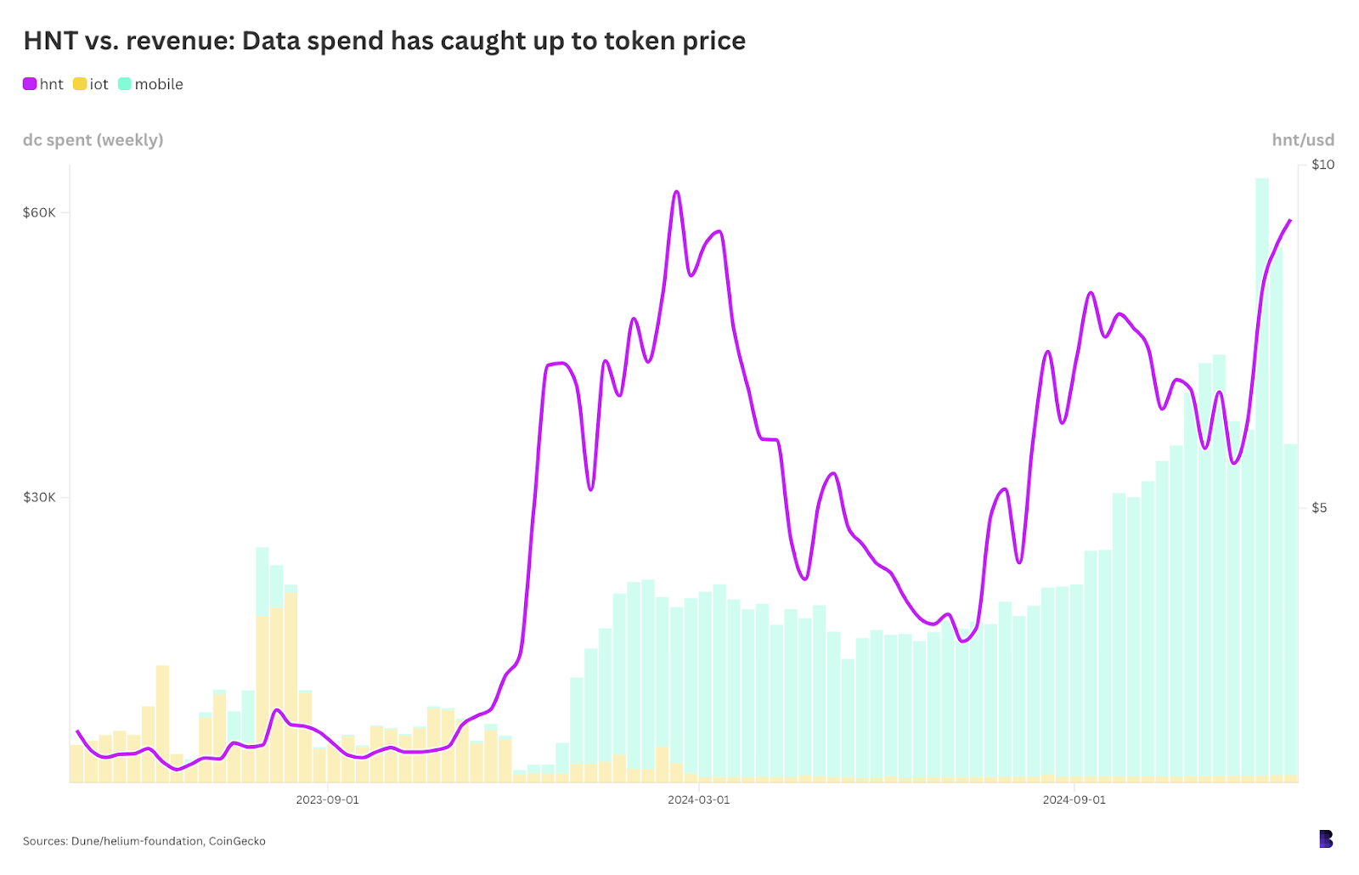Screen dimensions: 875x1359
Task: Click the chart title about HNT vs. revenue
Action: [384, 41]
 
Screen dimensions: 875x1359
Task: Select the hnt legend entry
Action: [43, 84]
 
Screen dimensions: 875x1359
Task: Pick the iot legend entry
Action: [91, 84]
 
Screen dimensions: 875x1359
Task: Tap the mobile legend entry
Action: [150, 84]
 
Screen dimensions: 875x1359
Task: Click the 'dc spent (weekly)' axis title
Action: [93, 140]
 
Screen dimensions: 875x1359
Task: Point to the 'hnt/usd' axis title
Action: [1302, 140]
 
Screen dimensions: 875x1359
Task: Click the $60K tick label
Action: [39, 212]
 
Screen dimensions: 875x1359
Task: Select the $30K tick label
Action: [39, 497]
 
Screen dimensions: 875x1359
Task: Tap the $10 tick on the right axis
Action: [1322, 165]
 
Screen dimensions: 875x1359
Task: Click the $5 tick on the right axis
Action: [1319, 508]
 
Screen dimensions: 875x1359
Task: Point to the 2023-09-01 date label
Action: [327, 799]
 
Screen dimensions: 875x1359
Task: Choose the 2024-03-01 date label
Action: [698, 799]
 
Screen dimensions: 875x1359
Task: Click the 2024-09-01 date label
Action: [1074, 799]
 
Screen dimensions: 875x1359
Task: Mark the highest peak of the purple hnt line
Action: [676, 192]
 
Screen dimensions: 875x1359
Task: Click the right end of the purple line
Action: [1290, 220]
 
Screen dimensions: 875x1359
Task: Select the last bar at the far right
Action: [1291, 612]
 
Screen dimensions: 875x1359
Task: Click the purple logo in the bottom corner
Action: [1326, 839]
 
